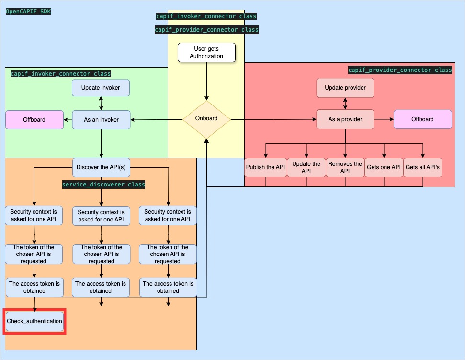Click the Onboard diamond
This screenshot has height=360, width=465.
[x=206, y=119]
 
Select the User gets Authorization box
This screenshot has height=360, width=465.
[x=206, y=52]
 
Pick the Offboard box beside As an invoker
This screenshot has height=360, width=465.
[x=34, y=119]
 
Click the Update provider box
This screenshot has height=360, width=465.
[x=345, y=88]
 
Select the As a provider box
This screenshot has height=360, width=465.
[x=345, y=119]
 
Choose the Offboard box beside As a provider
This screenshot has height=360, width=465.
[x=422, y=119]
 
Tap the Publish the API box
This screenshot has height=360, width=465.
[x=265, y=168]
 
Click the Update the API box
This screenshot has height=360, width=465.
[x=306, y=168]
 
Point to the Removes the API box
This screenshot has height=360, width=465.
[x=345, y=168]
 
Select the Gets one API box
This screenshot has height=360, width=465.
[x=383, y=168]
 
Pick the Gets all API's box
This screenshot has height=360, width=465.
[x=422, y=168]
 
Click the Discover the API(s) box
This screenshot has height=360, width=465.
[x=101, y=168]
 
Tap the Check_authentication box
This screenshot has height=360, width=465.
[x=34, y=321]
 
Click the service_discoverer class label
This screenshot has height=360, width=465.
[x=103, y=185]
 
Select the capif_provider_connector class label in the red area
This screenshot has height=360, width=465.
[x=400, y=70]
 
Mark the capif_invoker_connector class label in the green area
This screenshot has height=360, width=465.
[x=61, y=74]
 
